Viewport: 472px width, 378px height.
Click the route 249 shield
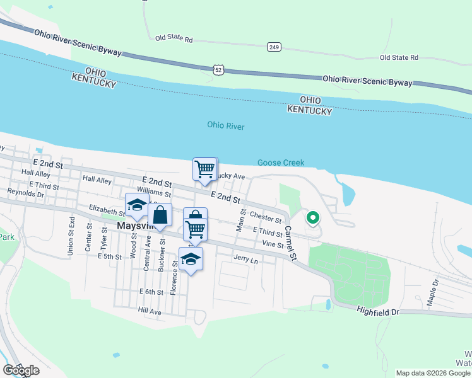(x=273, y=47)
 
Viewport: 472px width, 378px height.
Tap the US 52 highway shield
(x=218, y=69)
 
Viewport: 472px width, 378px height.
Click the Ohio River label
(x=225, y=126)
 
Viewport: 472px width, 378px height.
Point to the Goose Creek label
(x=281, y=163)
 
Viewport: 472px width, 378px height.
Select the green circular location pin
(x=312, y=219)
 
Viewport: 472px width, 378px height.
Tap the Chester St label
(x=266, y=218)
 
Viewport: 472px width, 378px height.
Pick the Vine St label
(x=273, y=244)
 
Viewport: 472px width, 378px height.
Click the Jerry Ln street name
(x=246, y=259)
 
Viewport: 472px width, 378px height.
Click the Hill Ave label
(x=150, y=312)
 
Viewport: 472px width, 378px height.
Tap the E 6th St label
(x=151, y=292)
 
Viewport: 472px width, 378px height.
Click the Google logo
(x=21, y=370)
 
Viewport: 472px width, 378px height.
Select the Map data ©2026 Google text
(x=432, y=373)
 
